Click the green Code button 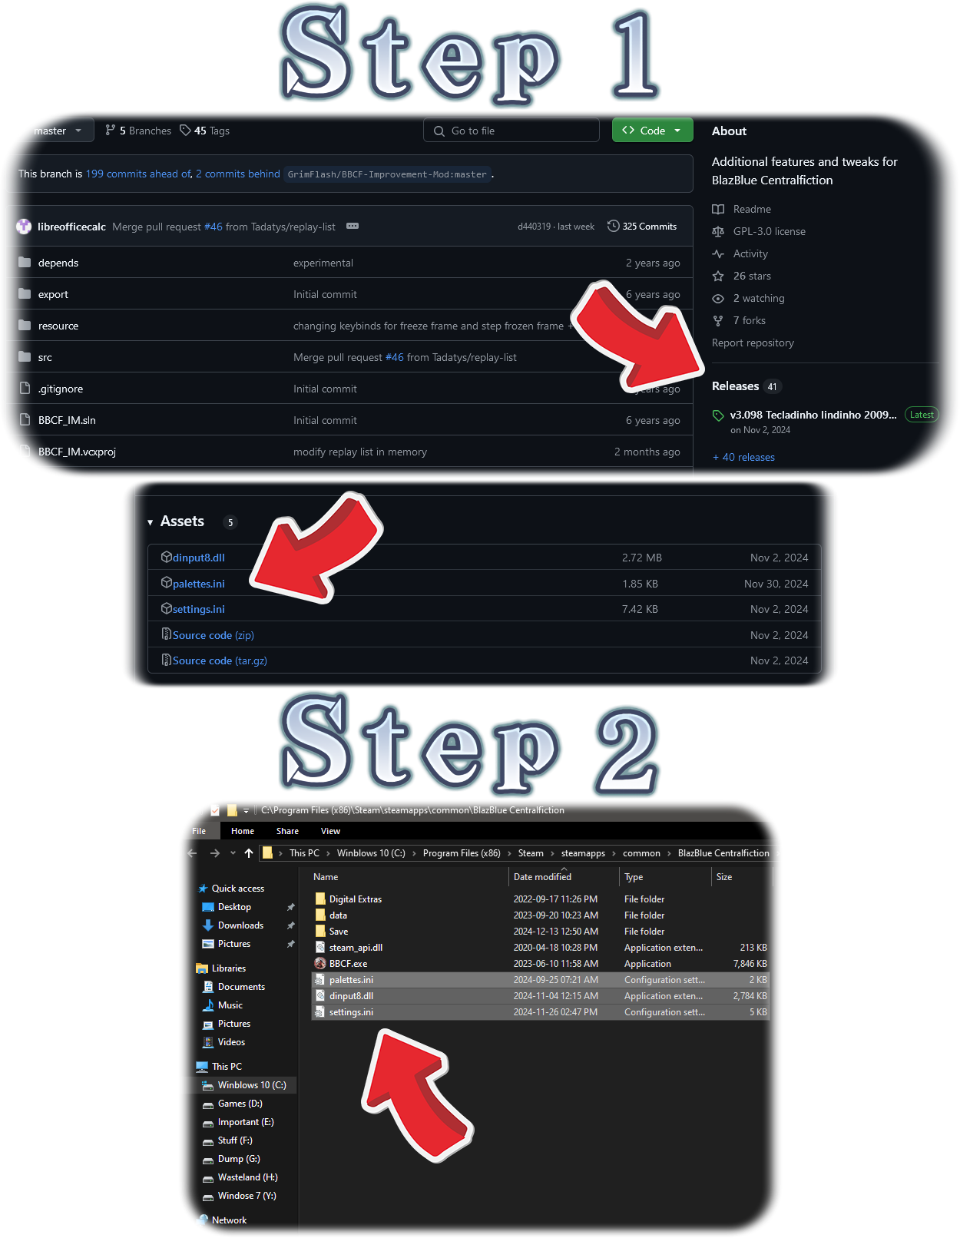[x=652, y=131]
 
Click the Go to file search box [x=511, y=131]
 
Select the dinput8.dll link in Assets [x=198, y=558]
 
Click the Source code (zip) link [x=213, y=635]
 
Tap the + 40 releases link [x=743, y=457]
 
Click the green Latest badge [x=922, y=415]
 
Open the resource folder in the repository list [x=58, y=326]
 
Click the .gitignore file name [x=61, y=389]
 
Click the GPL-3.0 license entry [x=769, y=231]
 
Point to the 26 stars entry [x=752, y=276]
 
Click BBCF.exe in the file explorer [x=348, y=963]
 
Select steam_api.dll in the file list [x=356, y=948]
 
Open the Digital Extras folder [x=356, y=899]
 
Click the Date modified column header [x=541, y=877]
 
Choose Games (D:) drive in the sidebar [x=240, y=1104]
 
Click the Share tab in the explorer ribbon [x=287, y=831]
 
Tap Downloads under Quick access [x=240, y=925]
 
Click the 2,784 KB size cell [x=750, y=996]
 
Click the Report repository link [x=753, y=343]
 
